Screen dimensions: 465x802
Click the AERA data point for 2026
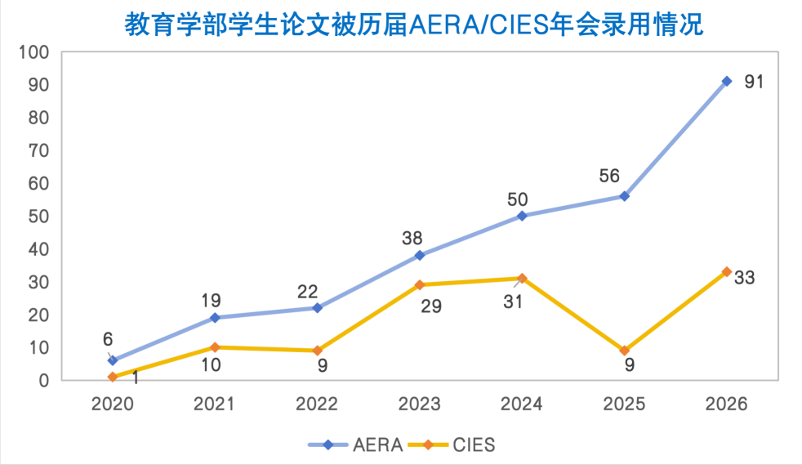point(727,81)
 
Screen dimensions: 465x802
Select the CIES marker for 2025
point(625,351)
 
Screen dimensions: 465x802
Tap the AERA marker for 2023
point(420,255)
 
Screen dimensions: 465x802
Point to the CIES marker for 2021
point(215,347)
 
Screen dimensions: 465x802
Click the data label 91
point(753,83)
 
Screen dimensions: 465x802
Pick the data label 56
point(608,177)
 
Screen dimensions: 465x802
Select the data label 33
point(744,278)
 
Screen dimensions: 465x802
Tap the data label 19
point(211,301)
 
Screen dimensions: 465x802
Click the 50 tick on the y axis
point(38,217)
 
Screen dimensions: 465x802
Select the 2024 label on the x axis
point(522,405)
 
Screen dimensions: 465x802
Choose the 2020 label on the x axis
point(112,405)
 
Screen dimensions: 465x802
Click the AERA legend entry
point(356,445)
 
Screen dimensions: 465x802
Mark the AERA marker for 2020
point(113,360)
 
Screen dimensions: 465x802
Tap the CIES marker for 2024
point(522,279)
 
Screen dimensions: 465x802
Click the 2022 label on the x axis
point(317,405)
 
